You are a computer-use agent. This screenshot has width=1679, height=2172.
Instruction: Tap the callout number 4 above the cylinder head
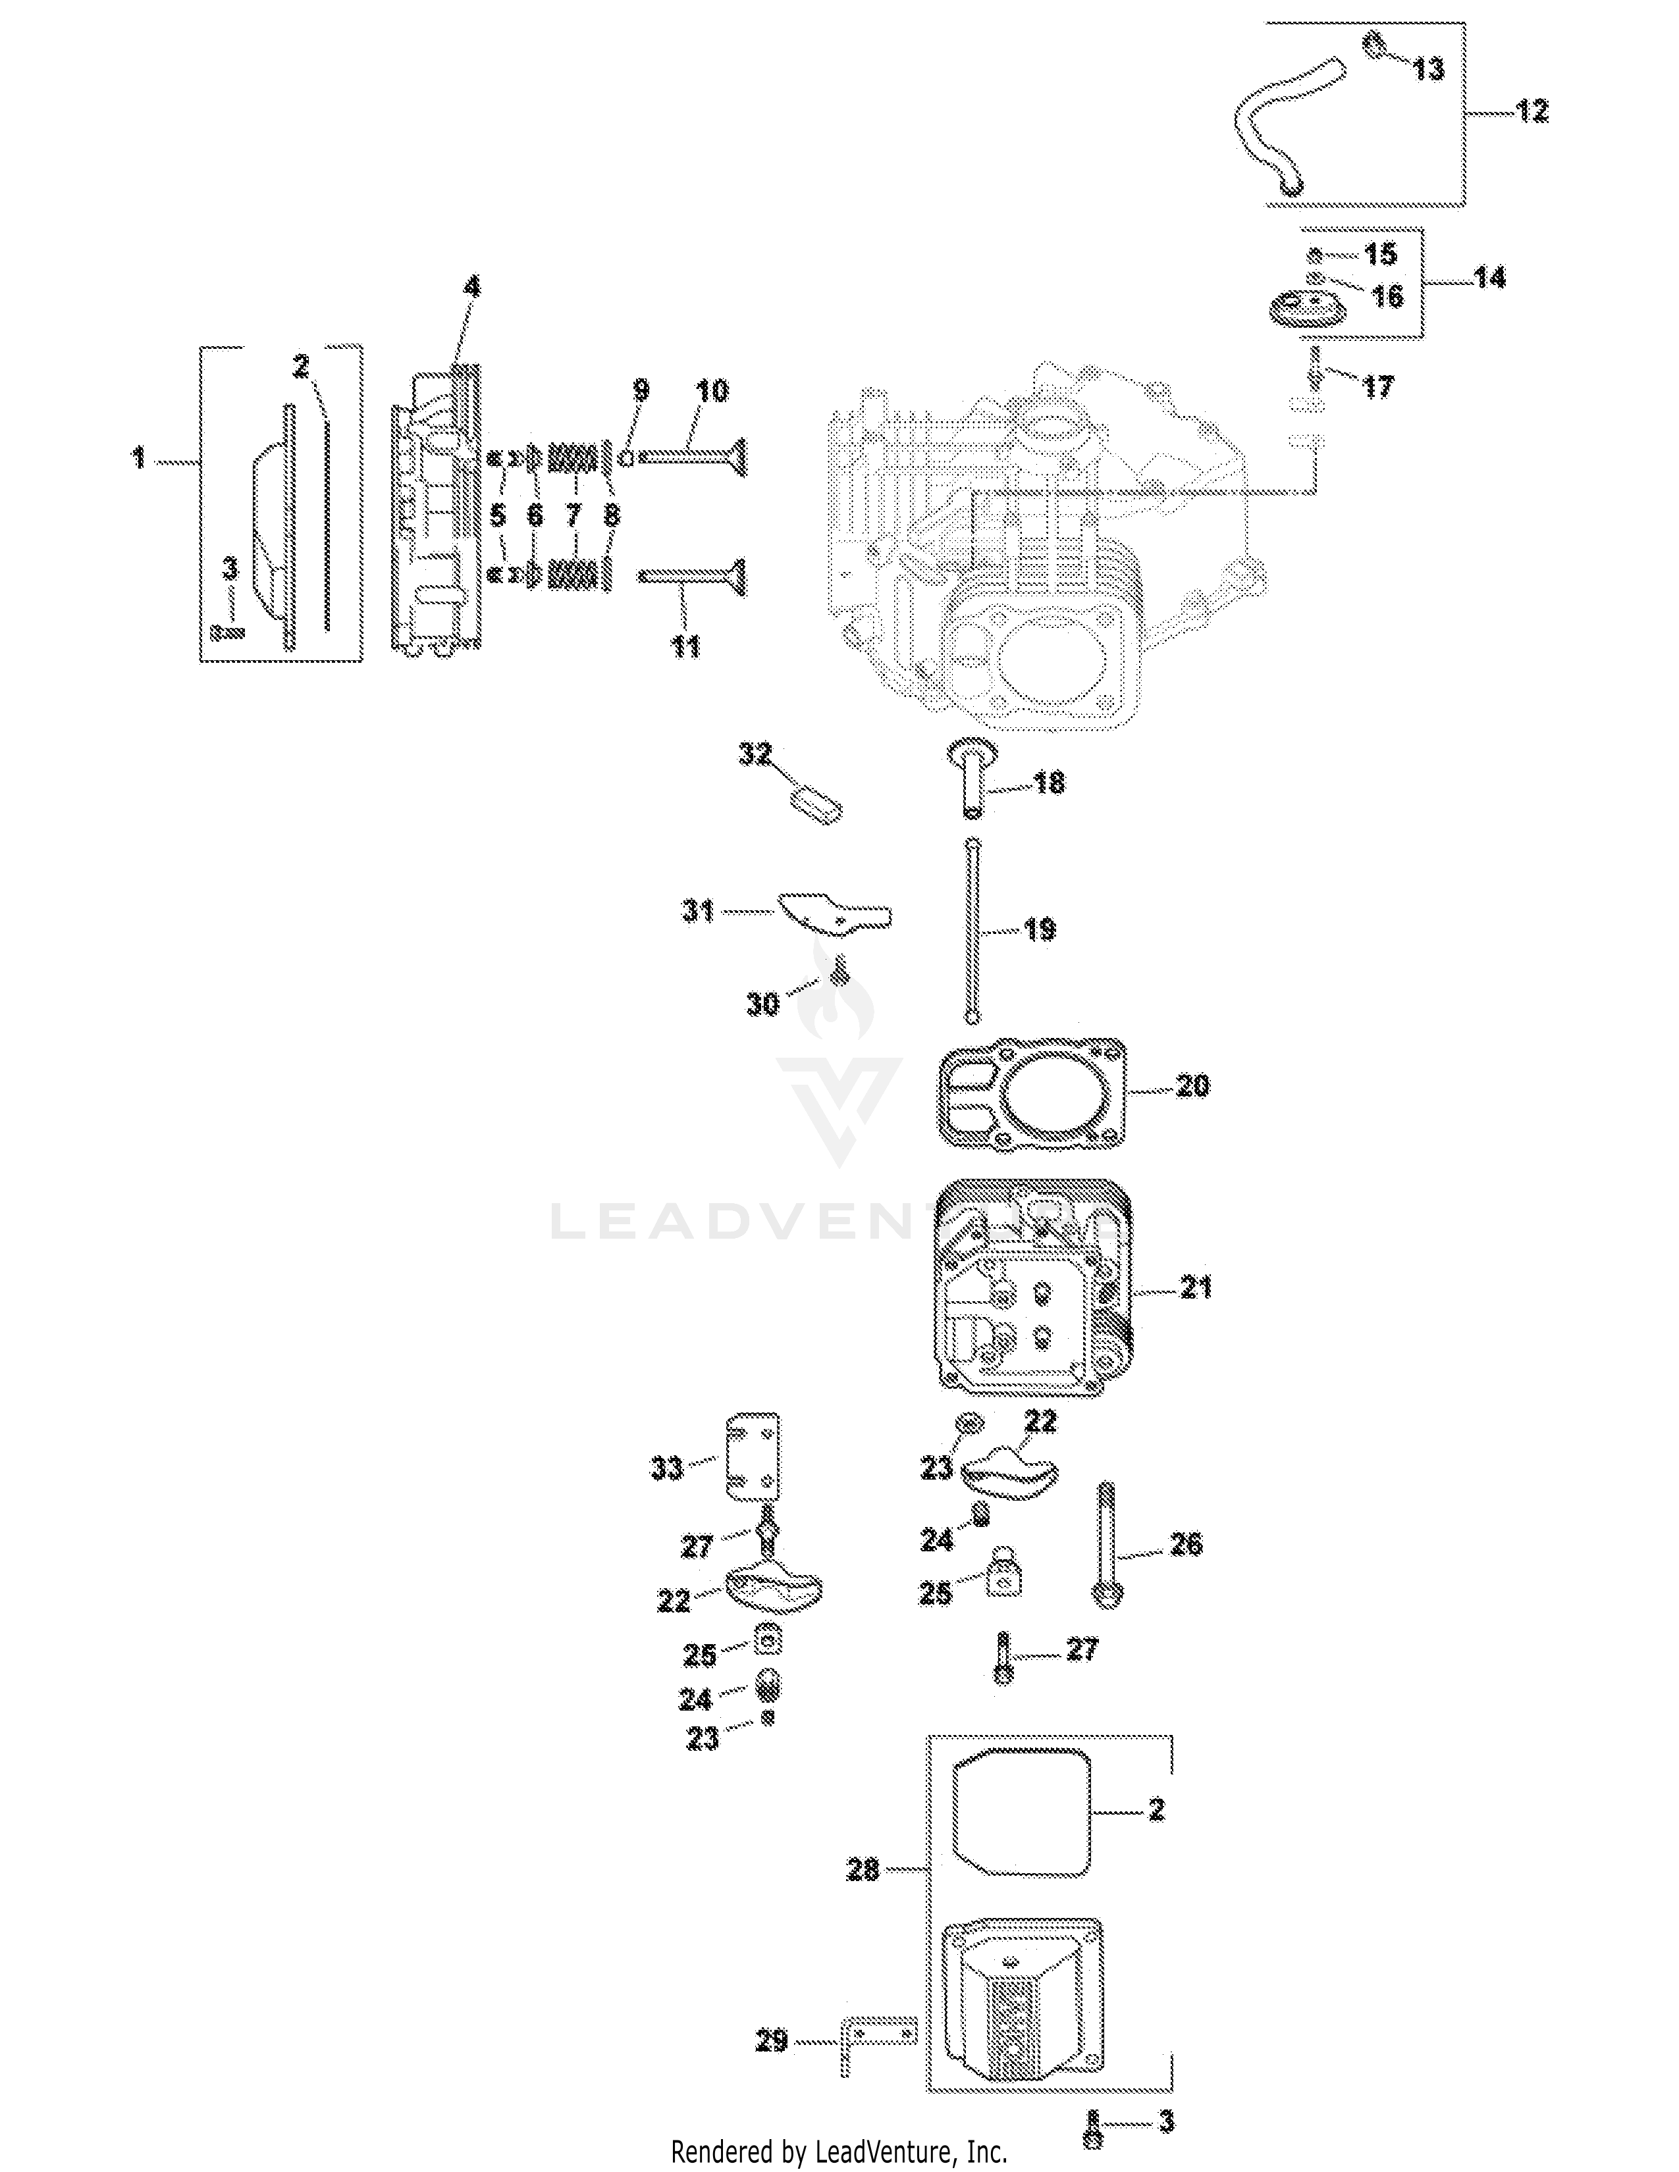pos(471,288)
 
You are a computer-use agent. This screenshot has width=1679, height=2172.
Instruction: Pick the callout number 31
pos(697,910)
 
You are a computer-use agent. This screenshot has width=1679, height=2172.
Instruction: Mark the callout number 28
pos(863,1870)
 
